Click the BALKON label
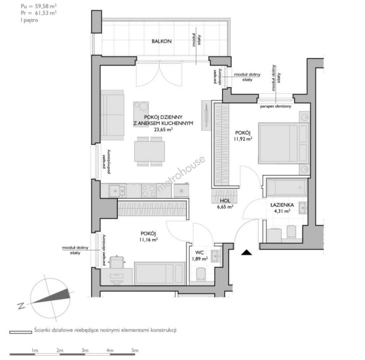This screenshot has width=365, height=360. click(162, 41)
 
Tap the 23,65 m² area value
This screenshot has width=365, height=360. click(163, 129)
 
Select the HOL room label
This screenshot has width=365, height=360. click(225, 201)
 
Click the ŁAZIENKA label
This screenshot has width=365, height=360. click(282, 205)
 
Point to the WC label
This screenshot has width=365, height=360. click(199, 252)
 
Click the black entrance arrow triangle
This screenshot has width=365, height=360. click(247, 252)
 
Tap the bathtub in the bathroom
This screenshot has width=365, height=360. click(287, 188)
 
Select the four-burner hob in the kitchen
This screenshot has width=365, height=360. click(149, 191)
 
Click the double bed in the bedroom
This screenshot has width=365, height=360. click(284, 143)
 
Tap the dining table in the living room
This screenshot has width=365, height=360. click(149, 151)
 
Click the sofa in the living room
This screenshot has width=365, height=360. click(112, 115)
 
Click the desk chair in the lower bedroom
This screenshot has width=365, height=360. click(117, 262)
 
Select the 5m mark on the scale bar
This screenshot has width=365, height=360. click(135, 350)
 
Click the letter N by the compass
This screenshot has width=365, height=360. click(21, 306)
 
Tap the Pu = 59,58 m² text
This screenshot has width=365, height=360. click(39, 6)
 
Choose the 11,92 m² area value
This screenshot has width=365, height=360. click(243, 139)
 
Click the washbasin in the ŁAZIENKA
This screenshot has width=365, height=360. click(303, 208)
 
